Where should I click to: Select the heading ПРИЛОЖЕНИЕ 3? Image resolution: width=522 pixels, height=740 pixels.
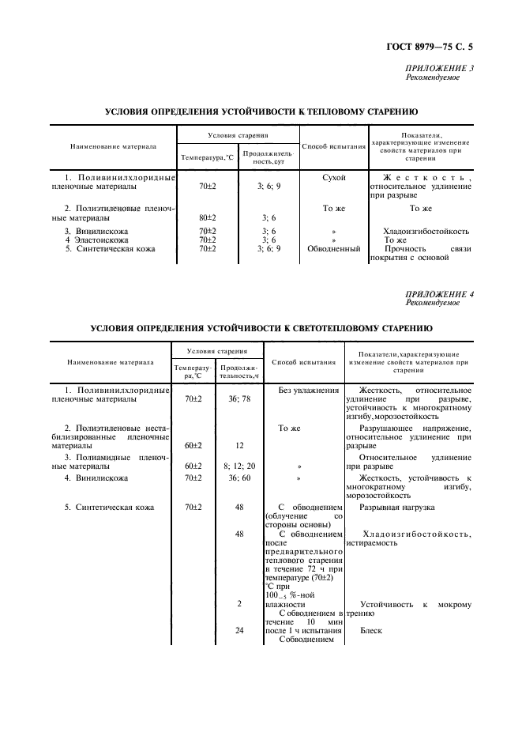(440, 68)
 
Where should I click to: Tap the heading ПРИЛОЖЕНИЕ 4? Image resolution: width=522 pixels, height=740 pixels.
(440, 294)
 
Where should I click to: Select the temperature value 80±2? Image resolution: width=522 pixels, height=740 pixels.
(208, 217)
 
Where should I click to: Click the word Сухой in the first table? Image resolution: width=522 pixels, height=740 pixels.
(335, 178)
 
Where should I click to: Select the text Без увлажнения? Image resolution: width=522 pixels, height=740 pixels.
(309, 391)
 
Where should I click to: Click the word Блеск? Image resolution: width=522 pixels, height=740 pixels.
(371, 632)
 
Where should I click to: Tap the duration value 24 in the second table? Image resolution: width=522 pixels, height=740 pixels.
(239, 632)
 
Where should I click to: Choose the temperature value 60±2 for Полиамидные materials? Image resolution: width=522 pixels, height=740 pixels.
(193, 466)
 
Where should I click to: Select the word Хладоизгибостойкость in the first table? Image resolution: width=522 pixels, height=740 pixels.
(426, 232)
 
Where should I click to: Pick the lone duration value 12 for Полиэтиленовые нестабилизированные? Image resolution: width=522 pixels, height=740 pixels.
(239, 445)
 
